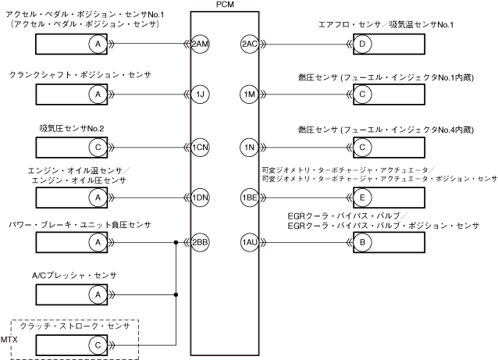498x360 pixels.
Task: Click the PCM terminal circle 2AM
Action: (x=200, y=44)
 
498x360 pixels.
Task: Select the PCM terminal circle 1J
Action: (x=200, y=94)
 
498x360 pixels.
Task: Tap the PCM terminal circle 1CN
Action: (x=200, y=147)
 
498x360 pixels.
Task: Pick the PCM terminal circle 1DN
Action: (x=200, y=198)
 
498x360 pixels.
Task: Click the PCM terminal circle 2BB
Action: (x=200, y=242)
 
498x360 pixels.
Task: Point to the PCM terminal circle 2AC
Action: (x=250, y=44)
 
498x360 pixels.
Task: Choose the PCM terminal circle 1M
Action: (x=250, y=94)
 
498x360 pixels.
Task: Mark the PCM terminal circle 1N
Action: (x=250, y=147)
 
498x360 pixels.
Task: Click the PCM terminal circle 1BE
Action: (x=250, y=198)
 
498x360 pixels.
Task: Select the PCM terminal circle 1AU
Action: (x=250, y=242)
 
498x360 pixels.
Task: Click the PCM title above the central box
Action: (x=225, y=5)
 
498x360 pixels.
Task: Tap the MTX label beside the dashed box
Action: (x=9, y=340)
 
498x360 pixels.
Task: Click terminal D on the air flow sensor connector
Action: (x=362, y=44)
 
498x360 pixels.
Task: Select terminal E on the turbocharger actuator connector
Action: (x=362, y=198)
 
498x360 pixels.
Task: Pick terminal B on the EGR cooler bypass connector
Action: (x=362, y=242)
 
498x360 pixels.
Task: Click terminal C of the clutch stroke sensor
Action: (x=98, y=345)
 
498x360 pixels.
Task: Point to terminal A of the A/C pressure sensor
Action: (x=98, y=295)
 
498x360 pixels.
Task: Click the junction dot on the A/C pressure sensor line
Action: (x=176, y=295)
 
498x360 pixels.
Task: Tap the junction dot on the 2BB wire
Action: (x=176, y=242)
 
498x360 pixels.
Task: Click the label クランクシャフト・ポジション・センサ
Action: (x=80, y=75)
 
